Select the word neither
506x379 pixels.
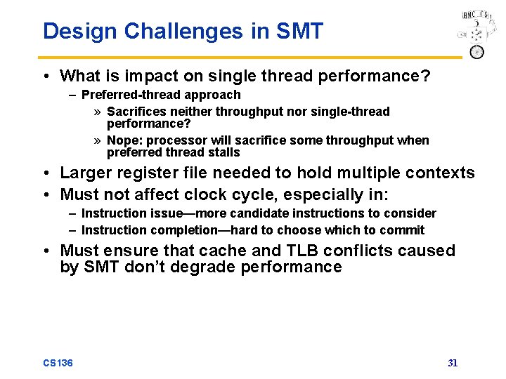pyautogui.click(x=190, y=112)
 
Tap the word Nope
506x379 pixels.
pyautogui.click(x=122, y=140)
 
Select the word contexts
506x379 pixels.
pyautogui.click(x=441, y=173)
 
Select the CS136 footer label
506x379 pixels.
pyautogui.click(x=58, y=363)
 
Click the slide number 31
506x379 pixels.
pyautogui.click(x=453, y=363)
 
